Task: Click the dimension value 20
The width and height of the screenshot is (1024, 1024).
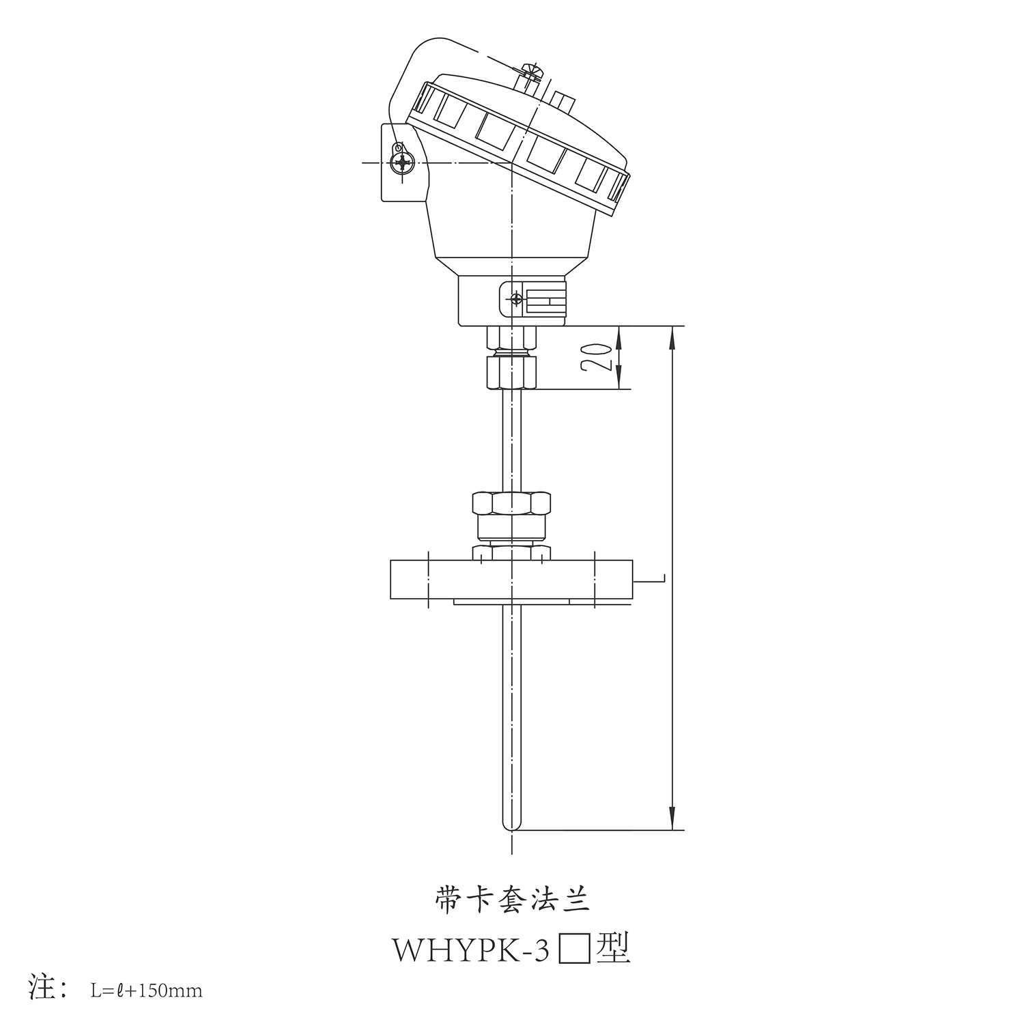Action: click(x=595, y=356)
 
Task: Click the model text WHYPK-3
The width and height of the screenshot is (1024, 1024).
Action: click(x=470, y=950)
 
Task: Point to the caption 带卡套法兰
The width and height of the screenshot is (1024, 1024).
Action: click(x=511, y=900)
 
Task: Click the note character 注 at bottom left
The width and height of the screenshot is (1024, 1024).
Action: click(x=42, y=987)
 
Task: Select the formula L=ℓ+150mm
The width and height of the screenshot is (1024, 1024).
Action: click(x=147, y=990)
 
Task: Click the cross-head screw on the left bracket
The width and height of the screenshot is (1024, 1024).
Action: click(x=402, y=163)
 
